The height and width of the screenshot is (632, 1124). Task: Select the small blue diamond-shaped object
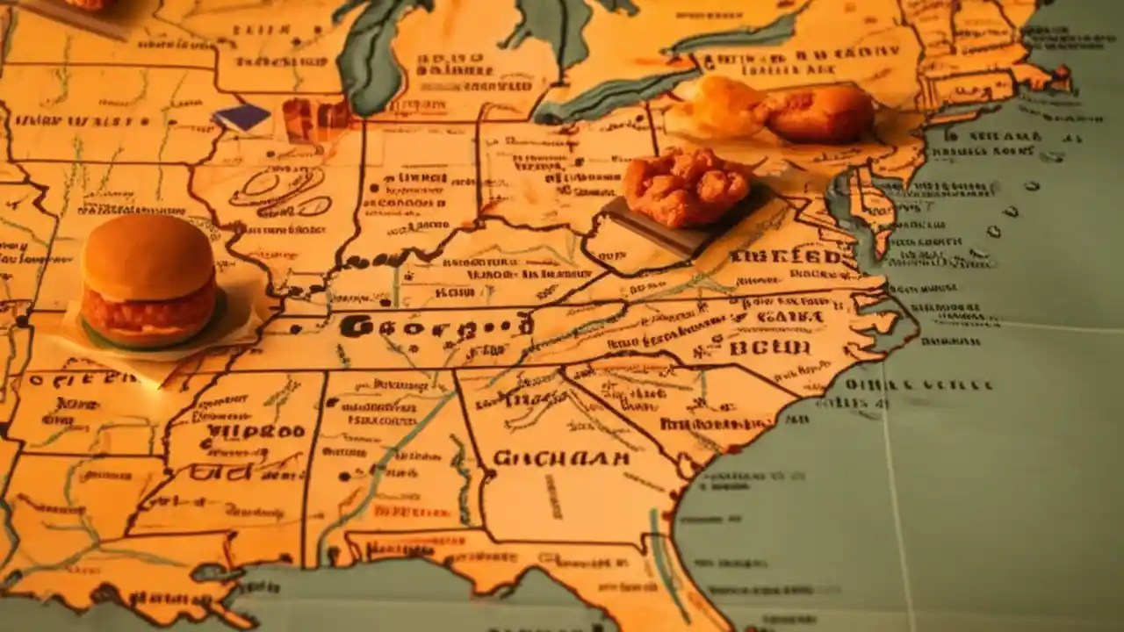(x=242, y=118)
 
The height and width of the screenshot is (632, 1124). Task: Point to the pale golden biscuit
(x=718, y=107)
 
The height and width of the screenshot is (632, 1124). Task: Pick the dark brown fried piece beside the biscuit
(x=821, y=114)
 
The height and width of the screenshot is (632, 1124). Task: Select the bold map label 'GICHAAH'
(x=561, y=458)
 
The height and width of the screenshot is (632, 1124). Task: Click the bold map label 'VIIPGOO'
(x=255, y=432)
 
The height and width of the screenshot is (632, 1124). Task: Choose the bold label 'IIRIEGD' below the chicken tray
(x=785, y=257)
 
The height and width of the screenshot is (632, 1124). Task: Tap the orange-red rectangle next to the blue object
(x=316, y=118)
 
